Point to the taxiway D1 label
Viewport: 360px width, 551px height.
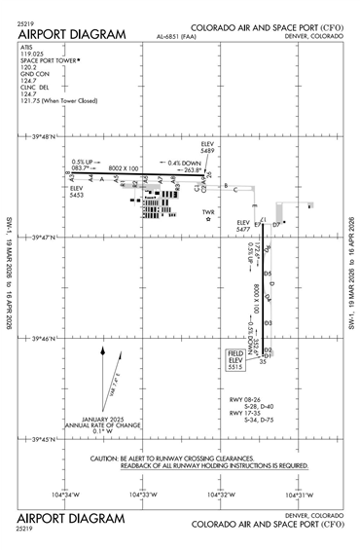tap(270, 356)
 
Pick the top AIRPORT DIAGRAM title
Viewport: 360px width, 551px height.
tap(72, 35)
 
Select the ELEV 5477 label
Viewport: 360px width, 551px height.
tap(244, 226)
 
